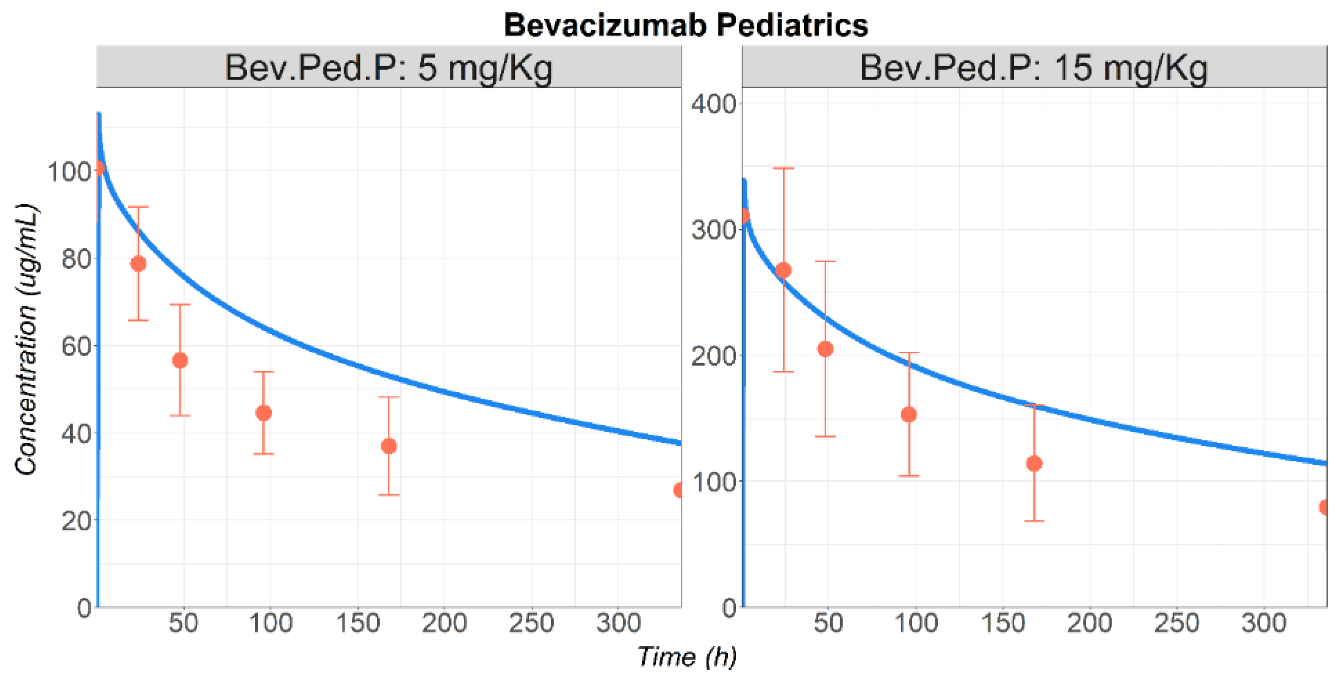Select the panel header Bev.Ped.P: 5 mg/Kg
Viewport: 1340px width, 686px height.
388,68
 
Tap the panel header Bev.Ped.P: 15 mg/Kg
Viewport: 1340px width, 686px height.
1033,68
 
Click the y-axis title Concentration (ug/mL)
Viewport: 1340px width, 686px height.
26,339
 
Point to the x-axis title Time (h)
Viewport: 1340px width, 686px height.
687,656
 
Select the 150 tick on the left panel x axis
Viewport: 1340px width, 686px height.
357,622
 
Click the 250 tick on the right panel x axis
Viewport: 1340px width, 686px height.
1176,622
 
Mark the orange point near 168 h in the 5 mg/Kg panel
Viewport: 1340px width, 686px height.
389,446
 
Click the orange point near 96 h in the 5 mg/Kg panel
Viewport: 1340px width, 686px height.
264,413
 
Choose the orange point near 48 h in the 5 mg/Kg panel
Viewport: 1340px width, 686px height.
180,360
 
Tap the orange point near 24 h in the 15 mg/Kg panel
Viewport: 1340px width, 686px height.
783,270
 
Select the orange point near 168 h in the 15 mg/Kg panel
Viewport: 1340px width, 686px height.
1034,464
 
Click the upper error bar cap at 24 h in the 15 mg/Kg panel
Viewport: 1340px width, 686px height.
783,169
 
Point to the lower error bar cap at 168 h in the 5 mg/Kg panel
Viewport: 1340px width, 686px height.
389,495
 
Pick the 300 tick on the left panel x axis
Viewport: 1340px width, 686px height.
618,622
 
